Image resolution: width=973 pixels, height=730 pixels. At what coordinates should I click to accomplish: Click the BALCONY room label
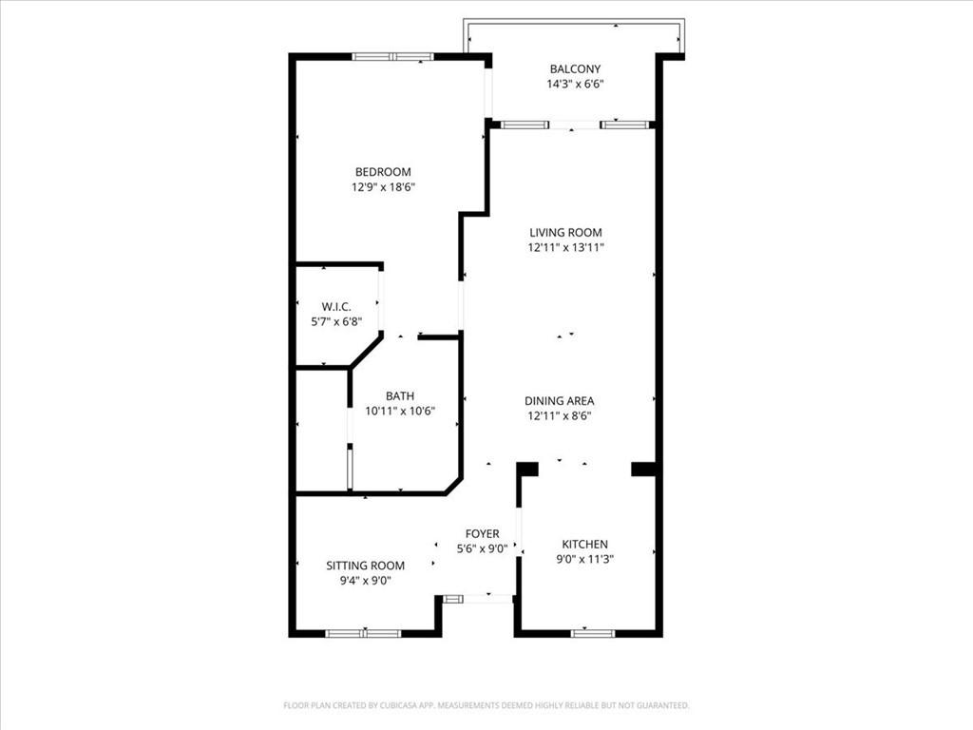[x=575, y=68]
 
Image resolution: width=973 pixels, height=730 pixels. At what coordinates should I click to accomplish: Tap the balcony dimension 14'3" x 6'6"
[x=575, y=84]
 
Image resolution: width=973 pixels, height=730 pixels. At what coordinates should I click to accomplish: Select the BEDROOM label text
[x=383, y=172]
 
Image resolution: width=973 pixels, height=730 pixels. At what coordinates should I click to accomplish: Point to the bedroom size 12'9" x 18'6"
[x=383, y=187]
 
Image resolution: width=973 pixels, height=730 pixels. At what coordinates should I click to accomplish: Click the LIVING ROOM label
[x=566, y=232]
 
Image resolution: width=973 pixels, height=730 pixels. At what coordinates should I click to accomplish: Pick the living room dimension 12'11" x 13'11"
[x=566, y=247]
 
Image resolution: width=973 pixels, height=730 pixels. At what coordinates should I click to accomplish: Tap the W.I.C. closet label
[x=336, y=306]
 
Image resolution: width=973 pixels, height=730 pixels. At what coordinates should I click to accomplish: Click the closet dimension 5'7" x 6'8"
[x=336, y=321]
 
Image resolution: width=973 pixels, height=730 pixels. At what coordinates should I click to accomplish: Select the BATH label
[x=400, y=396]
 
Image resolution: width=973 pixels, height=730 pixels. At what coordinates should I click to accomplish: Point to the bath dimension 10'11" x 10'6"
[x=400, y=412]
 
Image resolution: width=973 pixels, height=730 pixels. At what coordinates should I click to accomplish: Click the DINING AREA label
[x=561, y=401]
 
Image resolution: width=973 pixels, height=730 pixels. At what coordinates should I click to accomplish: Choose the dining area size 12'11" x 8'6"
[x=561, y=416]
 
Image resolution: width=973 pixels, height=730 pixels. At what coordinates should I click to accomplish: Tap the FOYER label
[x=482, y=534]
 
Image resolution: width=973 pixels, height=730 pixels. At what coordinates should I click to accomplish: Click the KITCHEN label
[x=584, y=544]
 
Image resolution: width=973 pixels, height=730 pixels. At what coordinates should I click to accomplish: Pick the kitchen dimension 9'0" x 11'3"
[x=584, y=559]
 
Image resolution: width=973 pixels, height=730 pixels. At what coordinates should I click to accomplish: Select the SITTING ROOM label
[x=365, y=565]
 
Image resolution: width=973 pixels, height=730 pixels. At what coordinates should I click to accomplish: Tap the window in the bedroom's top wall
[x=392, y=57]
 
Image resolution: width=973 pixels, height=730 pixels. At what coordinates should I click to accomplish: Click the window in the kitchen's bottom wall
[x=592, y=633]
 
